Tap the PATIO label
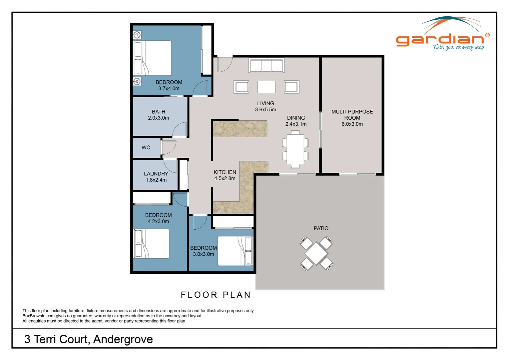321,228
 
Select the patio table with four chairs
316,253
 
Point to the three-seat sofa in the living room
266,66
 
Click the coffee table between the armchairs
266,87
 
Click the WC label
146,148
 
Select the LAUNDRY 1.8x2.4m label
156,177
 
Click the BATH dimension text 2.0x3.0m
158,118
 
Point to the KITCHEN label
225,172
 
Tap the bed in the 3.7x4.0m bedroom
153,58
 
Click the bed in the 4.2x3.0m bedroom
151,244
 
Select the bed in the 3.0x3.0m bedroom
235,251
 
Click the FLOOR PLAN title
216,295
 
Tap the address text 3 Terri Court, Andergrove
88,339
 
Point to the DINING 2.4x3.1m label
296,121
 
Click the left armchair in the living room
241,87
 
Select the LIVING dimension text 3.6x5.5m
265,110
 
